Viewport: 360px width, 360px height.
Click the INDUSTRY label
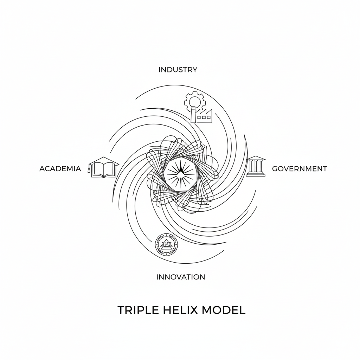tap(178, 70)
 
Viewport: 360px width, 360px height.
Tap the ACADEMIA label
tap(60, 169)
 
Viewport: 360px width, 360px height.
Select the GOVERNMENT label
tap(300, 169)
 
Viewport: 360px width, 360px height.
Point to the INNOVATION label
tap(180, 277)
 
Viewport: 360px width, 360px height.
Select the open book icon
tap(104, 170)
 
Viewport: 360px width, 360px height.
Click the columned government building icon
tap(256, 167)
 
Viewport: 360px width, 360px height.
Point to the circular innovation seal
tap(166, 244)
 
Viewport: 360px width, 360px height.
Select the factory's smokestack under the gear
tap(193, 115)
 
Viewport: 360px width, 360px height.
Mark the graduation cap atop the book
tap(104, 161)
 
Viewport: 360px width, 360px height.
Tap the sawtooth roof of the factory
tap(205, 112)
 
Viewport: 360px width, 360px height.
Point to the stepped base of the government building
tap(256, 174)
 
